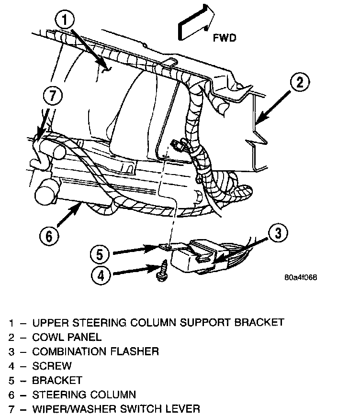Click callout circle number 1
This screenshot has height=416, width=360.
67,20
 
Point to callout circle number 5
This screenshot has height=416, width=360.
100,253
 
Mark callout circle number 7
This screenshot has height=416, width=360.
53,96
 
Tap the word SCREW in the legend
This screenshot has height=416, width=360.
52,366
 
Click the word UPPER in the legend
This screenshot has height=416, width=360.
50,323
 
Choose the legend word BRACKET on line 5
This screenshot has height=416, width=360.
57,380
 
